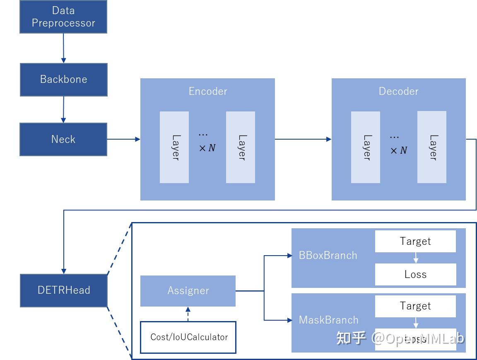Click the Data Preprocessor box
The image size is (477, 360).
pyautogui.click(x=63, y=17)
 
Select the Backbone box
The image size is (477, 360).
pyautogui.click(x=63, y=80)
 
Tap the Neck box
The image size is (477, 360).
pyautogui.click(x=63, y=139)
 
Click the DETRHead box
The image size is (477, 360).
pyautogui.click(x=63, y=290)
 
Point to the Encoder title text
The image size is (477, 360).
pyautogui.click(x=208, y=92)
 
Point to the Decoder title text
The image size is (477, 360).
pyautogui.click(x=398, y=92)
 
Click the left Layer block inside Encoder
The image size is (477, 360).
pyautogui.click(x=174, y=147)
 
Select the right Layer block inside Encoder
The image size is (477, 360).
pyautogui.click(x=241, y=147)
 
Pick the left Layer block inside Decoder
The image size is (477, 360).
pyautogui.click(x=366, y=147)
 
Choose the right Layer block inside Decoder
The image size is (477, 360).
pyautogui.click(x=432, y=147)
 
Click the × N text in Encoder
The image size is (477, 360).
pyautogui.click(x=207, y=148)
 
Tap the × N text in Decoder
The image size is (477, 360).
pyautogui.click(x=399, y=150)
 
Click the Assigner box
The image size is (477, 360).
pyautogui.click(x=188, y=291)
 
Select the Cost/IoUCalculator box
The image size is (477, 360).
pyautogui.click(x=188, y=337)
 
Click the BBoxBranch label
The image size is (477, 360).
pyautogui.click(x=328, y=256)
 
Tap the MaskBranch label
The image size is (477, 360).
pyautogui.click(x=328, y=320)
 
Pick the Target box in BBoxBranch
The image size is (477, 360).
pyautogui.click(x=415, y=242)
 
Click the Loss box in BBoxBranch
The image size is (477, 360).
pyautogui.click(x=415, y=274)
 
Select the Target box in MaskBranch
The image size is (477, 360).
pyautogui.click(x=415, y=306)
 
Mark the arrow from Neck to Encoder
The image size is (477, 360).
pyautogui.click(x=123, y=139)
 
